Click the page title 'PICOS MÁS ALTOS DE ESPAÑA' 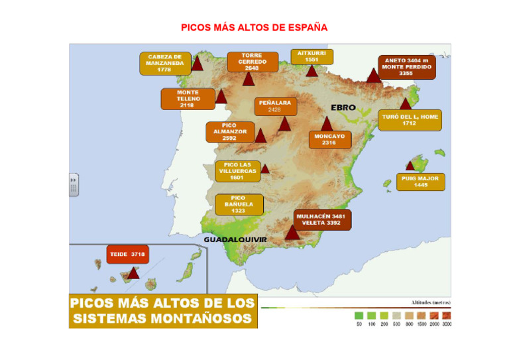pos(254,28)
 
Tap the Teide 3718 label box pos(128,254)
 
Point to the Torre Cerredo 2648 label pos(251,62)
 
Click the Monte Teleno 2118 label pos(188,99)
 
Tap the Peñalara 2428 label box pos(274,107)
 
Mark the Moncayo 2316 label pos(329,139)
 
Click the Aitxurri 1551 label pos(311,56)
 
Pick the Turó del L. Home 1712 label pos(410,120)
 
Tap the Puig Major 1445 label pos(420,182)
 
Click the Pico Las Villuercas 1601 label pos(237,171)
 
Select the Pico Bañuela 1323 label pos(238,204)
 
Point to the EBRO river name pos(343,107)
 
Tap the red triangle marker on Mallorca pos(410,166)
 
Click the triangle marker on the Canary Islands pos(133,272)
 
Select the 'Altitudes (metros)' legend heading pos(431,302)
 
